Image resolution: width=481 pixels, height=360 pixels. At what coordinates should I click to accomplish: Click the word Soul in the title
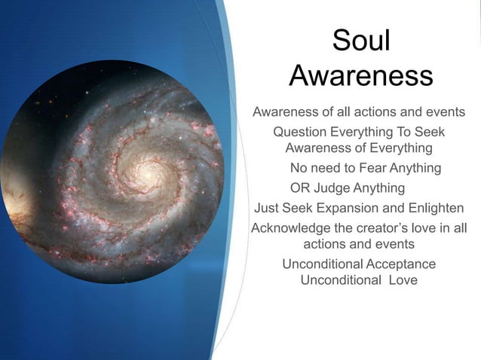pos(361,41)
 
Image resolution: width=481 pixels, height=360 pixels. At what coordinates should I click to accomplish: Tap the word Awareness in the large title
pos(361,76)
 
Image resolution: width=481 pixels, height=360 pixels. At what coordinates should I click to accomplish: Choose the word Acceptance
pos(400,264)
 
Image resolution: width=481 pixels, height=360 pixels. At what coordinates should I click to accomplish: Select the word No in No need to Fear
pos(299,167)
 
